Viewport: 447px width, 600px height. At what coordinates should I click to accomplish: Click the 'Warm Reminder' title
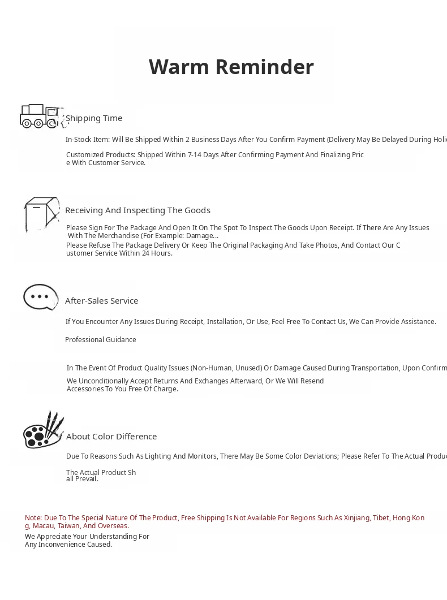tap(231, 67)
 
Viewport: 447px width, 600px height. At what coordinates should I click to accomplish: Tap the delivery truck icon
tap(41, 116)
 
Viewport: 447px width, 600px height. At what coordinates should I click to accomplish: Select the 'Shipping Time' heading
tap(94, 118)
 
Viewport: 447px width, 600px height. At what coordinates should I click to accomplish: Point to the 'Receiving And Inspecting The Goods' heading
tap(137, 210)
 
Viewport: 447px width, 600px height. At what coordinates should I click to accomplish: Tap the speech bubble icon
tap(41, 297)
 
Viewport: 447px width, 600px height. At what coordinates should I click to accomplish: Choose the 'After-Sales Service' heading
tap(101, 301)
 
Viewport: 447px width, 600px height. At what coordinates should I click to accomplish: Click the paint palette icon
tap(42, 430)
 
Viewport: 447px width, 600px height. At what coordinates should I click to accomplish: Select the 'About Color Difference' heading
tap(111, 437)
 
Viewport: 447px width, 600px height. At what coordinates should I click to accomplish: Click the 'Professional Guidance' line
tap(101, 340)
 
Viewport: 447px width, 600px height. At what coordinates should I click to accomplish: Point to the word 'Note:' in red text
tap(33, 518)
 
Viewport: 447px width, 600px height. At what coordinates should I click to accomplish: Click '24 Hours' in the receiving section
tap(157, 253)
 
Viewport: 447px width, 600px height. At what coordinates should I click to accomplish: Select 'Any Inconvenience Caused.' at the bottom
tap(68, 545)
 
